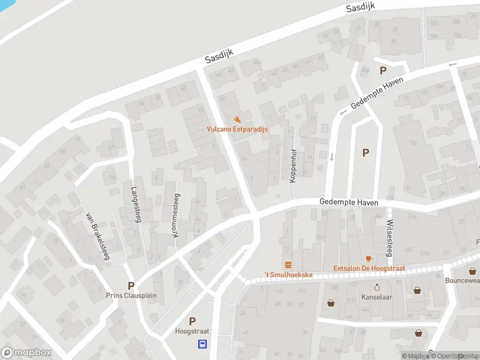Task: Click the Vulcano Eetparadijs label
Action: click(238, 129)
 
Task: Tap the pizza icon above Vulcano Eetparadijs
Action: click(238, 119)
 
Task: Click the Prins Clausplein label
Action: click(130, 295)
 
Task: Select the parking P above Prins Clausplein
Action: click(130, 286)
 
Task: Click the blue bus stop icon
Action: click(203, 344)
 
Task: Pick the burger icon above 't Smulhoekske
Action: click(289, 265)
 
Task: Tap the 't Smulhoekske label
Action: click(289, 275)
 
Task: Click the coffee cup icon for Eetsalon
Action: click(368, 259)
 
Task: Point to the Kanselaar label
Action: click(377, 297)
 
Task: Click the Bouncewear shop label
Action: click(463, 280)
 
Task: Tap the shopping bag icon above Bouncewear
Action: click(473, 271)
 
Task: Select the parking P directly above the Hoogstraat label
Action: click(192, 321)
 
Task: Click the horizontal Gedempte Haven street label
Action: click(349, 203)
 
